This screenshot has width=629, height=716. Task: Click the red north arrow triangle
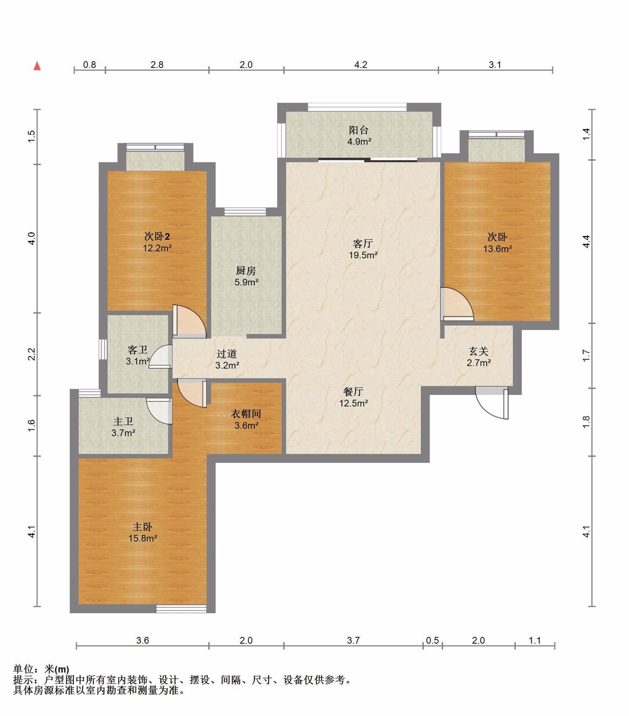[x=37, y=66]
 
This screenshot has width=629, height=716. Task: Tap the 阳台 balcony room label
[x=359, y=130]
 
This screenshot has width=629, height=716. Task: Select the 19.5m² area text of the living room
[x=363, y=255]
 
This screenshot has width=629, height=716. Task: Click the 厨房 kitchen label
[x=246, y=271]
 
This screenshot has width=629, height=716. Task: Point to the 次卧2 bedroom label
[x=157, y=236]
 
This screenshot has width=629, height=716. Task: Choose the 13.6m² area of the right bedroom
[x=497, y=249]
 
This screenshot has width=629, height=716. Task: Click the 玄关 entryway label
[x=479, y=351]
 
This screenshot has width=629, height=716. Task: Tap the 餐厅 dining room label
[x=353, y=392]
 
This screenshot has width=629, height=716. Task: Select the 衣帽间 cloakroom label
[x=246, y=414]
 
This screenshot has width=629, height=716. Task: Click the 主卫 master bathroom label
[x=123, y=421]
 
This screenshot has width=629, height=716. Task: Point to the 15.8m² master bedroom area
[x=143, y=538]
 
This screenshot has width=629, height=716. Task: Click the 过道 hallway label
[x=227, y=354]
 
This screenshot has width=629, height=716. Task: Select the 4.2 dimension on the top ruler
[x=361, y=65]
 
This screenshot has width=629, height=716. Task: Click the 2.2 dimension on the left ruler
[x=32, y=354]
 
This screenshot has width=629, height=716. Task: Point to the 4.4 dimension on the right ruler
[x=586, y=241]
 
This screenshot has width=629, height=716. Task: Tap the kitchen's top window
[x=245, y=211]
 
